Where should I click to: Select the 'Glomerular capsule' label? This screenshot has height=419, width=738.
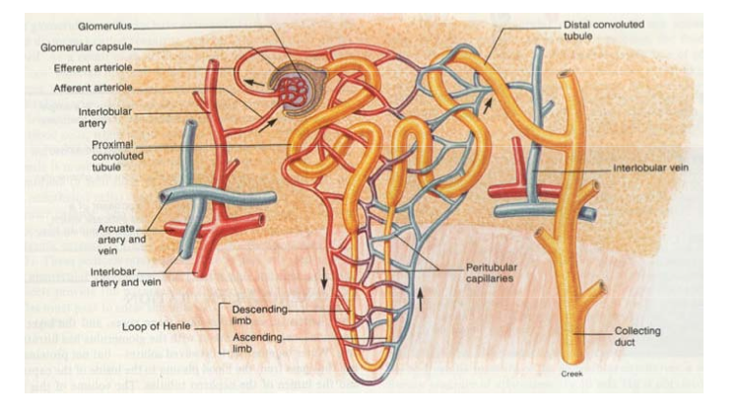86,46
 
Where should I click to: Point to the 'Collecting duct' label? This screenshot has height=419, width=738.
638,337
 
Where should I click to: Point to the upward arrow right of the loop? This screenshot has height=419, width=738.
421,294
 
